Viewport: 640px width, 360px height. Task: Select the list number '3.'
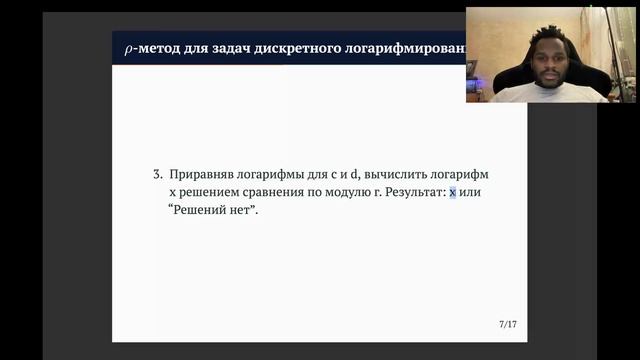point(158,174)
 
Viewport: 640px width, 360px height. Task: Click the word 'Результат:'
point(413,192)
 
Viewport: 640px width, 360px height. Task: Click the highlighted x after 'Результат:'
point(452,192)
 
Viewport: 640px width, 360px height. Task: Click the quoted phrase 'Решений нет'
point(212,210)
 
